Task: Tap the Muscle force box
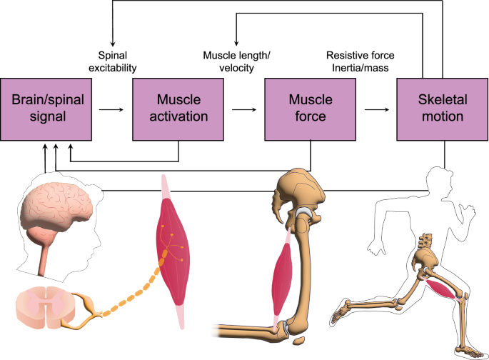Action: pyautogui.click(x=311, y=111)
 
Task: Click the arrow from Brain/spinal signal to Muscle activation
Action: pyautogui.click(x=110, y=111)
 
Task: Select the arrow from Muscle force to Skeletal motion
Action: pyautogui.click(x=375, y=111)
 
